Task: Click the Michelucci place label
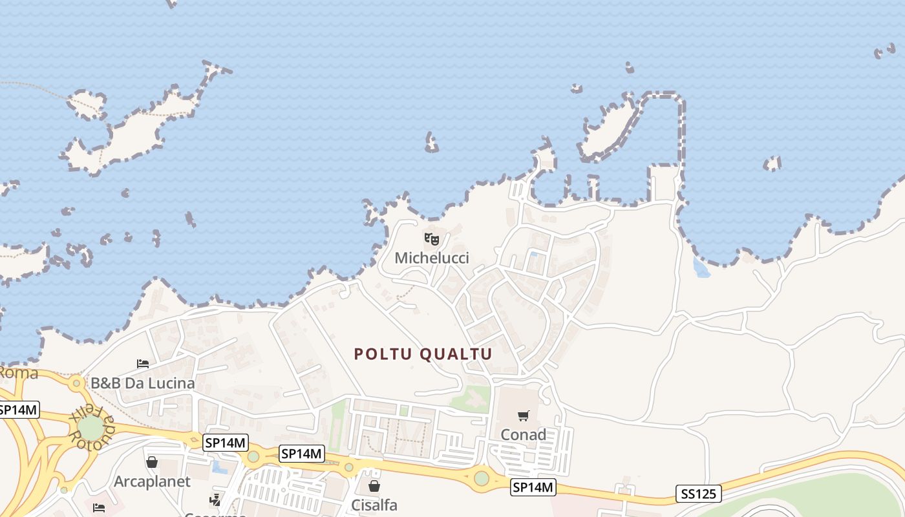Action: click(x=432, y=258)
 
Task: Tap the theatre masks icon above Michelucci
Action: click(x=432, y=239)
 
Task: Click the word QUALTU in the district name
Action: click(x=456, y=354)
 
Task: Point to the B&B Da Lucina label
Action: click(x=142, y=383)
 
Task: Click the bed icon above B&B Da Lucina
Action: click(x=143, y=364)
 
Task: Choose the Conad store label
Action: click(x=523, y=435)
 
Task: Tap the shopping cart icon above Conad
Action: click(x=523, y=416)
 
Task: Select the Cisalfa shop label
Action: click(x=374, y=505)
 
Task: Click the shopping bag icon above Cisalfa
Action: click(x=374, y=486)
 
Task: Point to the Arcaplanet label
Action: click(x=152, y=481)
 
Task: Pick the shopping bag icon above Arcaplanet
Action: click(x=152, y=462)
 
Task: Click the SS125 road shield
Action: click(x=699, y=494)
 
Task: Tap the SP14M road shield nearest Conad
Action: click(x=533, y=487)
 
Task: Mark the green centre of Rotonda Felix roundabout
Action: click(x=91, y=427)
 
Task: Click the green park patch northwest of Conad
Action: click(x=473, y=399)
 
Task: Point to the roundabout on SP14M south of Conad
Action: click(x=482, y=478)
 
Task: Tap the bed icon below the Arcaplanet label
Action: click(x=98, y=507)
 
